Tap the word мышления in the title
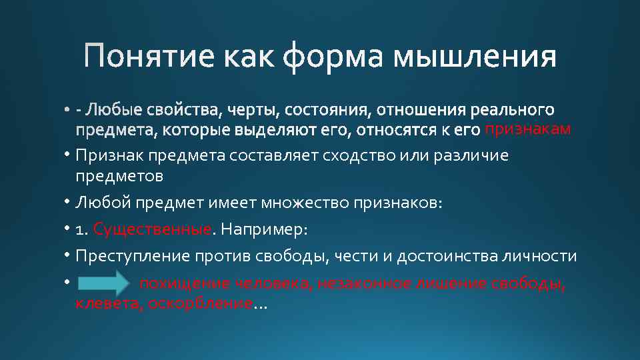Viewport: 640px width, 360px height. tap(475, 56)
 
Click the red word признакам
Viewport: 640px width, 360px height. tap(527, 129)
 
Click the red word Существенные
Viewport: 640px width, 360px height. tap(152, 229)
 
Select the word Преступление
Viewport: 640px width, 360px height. tap(133, 257)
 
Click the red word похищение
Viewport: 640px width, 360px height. tap(177, 283)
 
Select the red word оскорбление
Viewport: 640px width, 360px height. tap(199, 304)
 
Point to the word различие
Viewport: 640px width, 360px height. tap(471, 156)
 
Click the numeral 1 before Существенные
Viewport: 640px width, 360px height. tap(79, 230)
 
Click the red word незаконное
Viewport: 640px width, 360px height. tap(364, 283)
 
